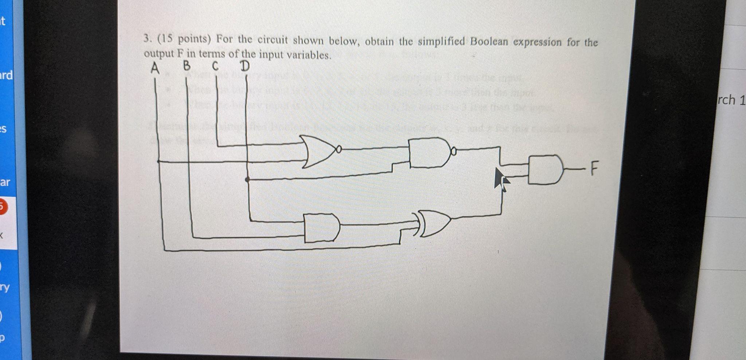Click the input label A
click(155, 68)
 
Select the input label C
click(215, 66)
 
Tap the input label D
click(245, 66)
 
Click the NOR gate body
click(316, 151)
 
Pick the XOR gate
click(435, 223)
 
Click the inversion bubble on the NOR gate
click(339, 149)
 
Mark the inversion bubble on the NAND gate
click(454, 150)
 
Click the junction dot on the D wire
click(247, 179)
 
